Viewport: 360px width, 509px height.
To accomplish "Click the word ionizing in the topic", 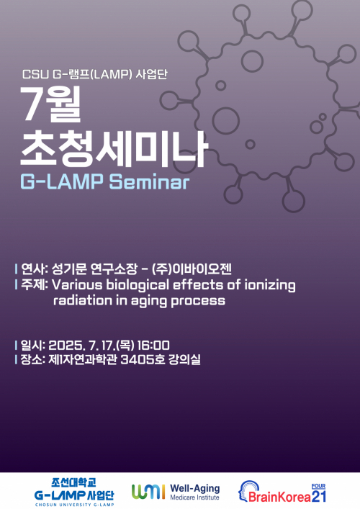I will (269, 285).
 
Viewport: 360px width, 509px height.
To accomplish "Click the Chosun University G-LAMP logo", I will (70, 491).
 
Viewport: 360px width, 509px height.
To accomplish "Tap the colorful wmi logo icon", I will (148, 491).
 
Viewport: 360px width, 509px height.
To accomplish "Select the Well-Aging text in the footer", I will (194, 487).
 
